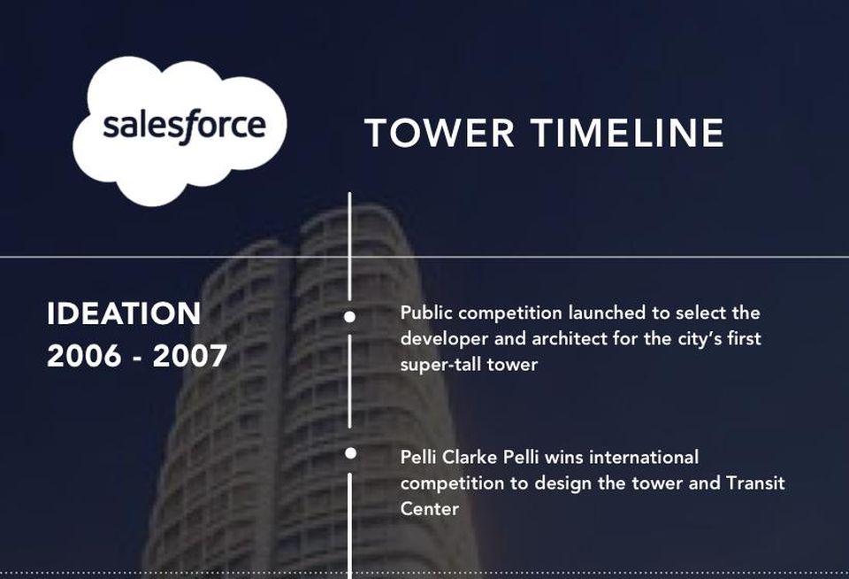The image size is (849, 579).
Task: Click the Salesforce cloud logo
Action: (180, 131)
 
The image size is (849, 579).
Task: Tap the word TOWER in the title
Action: (440, 133)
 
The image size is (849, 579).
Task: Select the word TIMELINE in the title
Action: (627, 133)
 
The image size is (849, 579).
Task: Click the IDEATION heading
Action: (124, 313)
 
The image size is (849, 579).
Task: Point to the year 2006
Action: (84, 356)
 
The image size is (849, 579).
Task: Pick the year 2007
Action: (189, 356)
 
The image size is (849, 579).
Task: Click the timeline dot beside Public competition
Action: (350, 317)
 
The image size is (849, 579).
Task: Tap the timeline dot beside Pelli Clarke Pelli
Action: (350, 453)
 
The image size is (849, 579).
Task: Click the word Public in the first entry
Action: (426, 313)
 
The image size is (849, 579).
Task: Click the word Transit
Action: (755, 482)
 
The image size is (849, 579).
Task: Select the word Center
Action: (430, 508)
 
